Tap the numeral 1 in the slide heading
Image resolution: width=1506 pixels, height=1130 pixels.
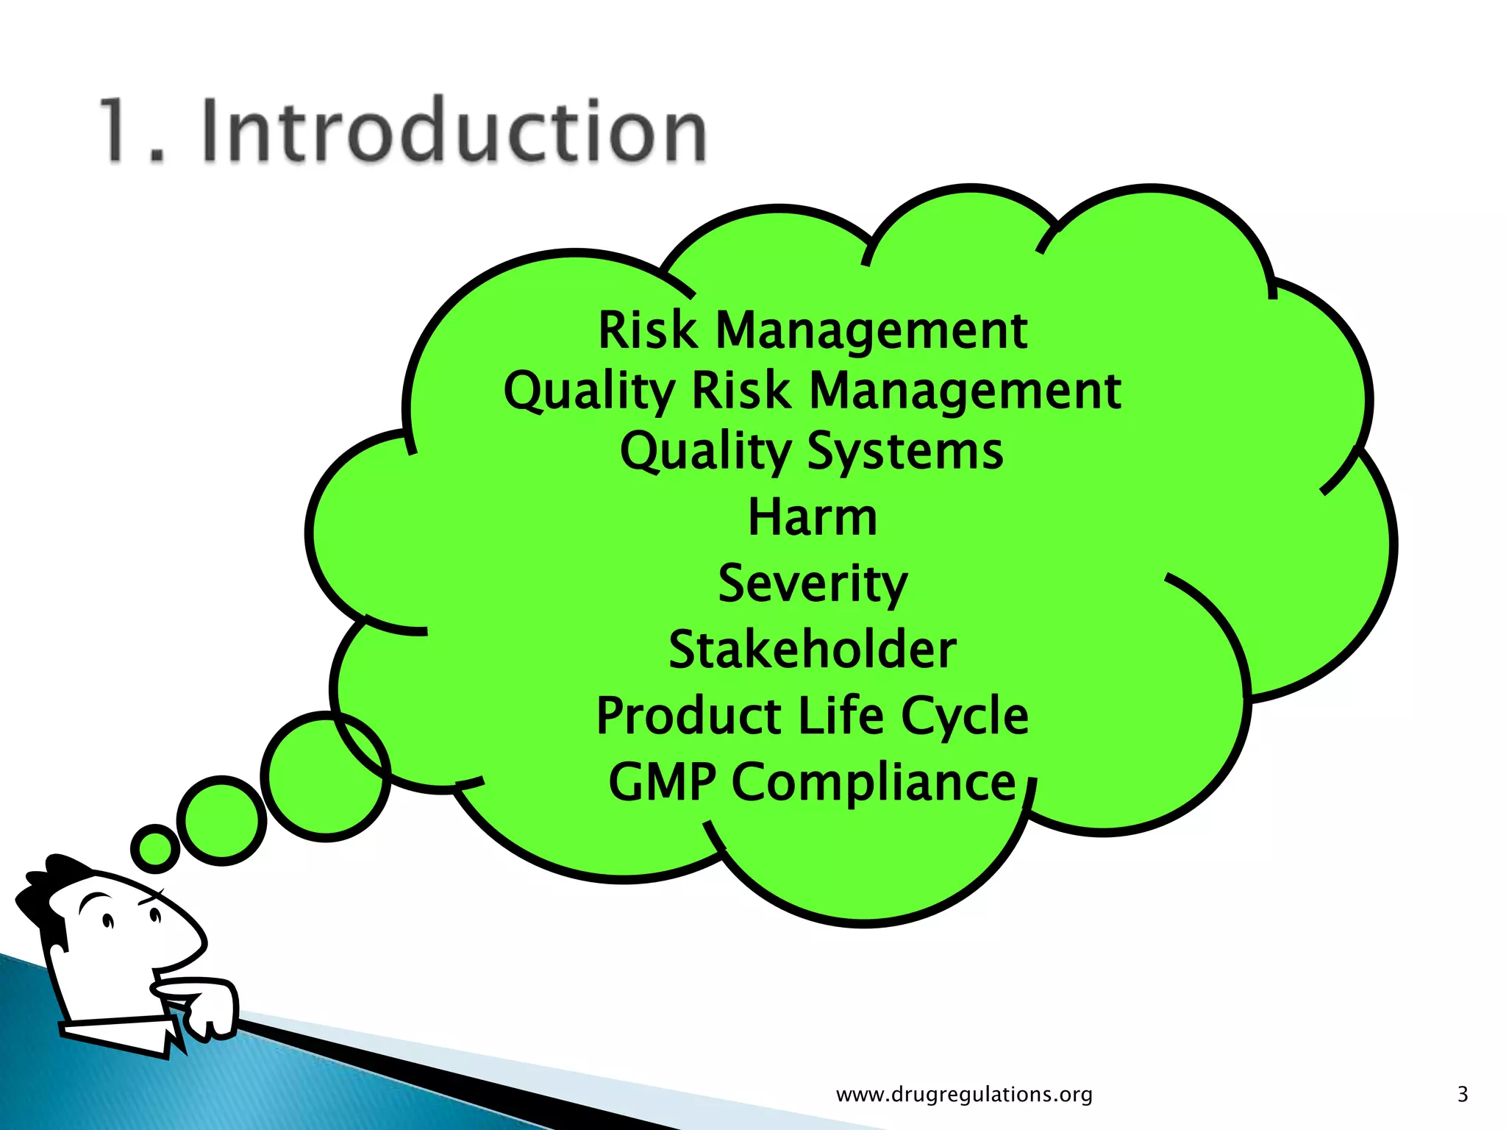[x=118, y=131]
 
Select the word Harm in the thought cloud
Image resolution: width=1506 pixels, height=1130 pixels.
[x=813, y=517]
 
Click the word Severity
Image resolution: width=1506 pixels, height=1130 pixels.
[x=813, y=584]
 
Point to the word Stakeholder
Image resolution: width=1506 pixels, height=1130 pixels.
[x=813, y=650]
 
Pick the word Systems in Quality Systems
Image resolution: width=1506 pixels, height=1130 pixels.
[x=905, y=452]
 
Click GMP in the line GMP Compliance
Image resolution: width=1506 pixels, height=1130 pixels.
[x=662, y=782]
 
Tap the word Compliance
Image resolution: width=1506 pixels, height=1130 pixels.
[x=874, y=783]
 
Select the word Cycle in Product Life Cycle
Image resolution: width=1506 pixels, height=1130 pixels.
[x=964, y=717]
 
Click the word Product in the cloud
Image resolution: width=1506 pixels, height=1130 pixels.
[x=688, y=716]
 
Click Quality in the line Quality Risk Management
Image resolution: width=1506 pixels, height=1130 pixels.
[x=589, y=391]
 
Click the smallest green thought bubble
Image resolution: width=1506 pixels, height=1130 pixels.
[x=155, y=848]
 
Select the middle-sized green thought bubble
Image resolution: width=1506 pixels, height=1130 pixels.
[x=221, y=820]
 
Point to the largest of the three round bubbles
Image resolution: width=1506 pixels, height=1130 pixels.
[x=325, y=777]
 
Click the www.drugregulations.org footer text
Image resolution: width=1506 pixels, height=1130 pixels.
[x=964, y=1094]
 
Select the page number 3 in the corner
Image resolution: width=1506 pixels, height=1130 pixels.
[x=1462, y=1094]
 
